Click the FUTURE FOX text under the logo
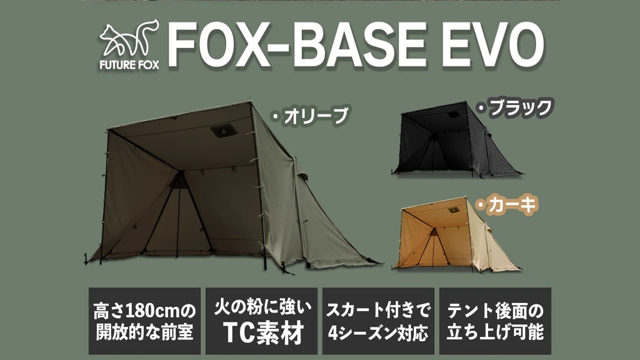129,65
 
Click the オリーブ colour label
310,115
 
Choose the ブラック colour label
514,108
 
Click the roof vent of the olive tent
223,131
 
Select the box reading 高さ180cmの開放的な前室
144,321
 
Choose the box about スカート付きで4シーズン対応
378,321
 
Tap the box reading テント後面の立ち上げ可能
495,321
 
